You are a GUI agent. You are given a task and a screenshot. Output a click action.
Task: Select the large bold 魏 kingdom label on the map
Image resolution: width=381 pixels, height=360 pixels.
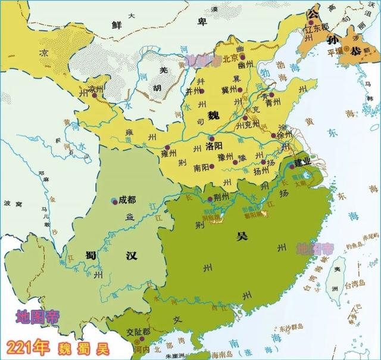213,114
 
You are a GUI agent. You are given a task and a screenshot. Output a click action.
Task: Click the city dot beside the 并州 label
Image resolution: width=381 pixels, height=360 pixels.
202,91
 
